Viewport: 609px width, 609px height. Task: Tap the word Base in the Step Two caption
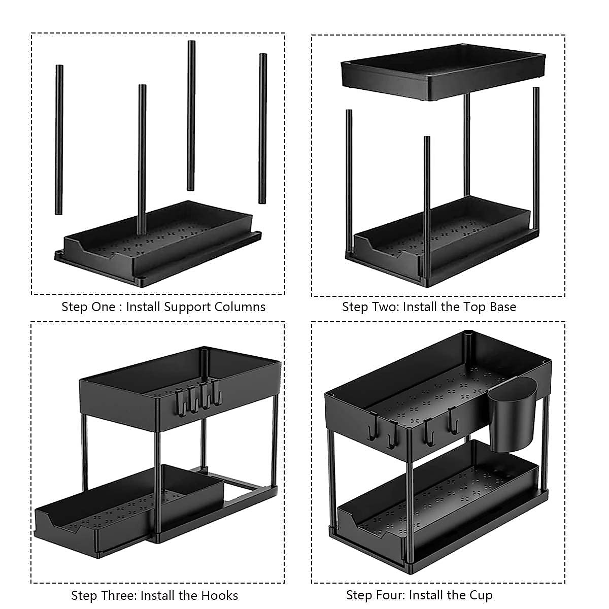(x=503, y=307)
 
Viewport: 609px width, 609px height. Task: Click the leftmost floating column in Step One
(x=59, y=140)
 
